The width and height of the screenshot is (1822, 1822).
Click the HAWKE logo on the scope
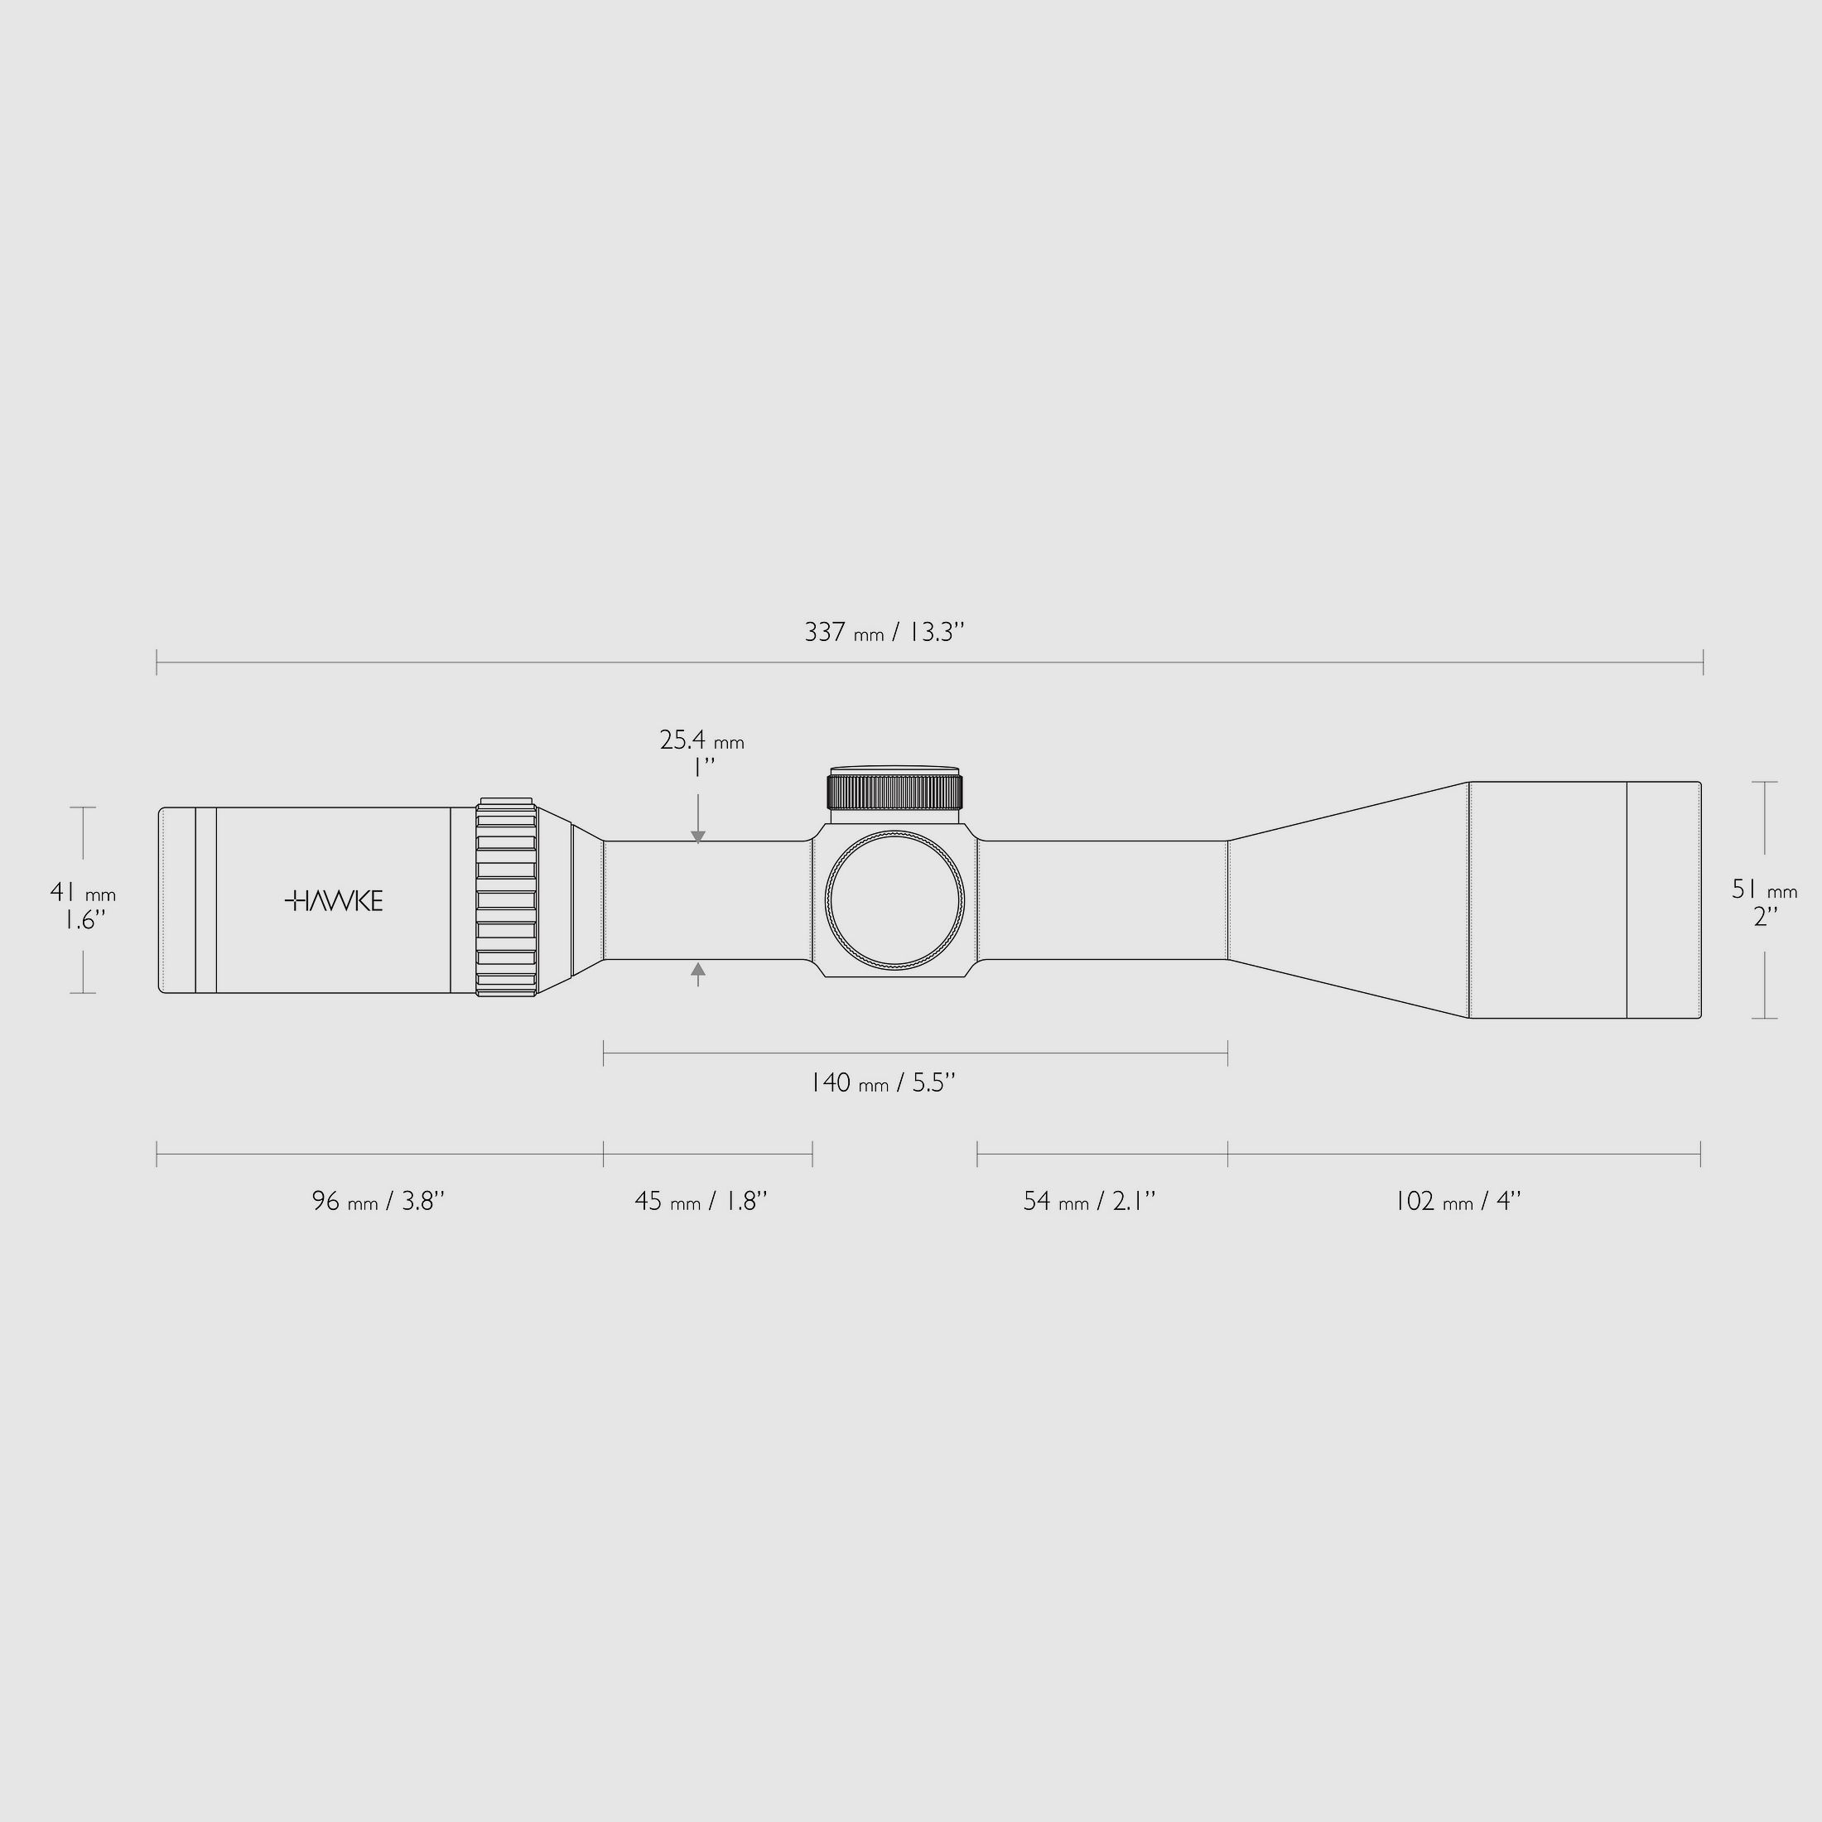[x=334, y=900]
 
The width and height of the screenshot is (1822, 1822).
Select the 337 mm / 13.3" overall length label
[x=884, y=632]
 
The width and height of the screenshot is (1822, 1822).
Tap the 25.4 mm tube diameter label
[x=701, y=753]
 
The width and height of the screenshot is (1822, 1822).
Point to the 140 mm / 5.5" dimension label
[x=884, y=1082]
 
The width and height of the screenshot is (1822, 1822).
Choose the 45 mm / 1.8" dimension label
[x=701, y=1201]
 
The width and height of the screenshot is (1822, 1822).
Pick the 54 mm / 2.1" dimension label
[x=1089, y=1201]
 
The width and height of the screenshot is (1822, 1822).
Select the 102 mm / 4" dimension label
[x=1458, y=1201]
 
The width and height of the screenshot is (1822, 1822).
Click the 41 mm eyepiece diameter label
[x=83, y=904]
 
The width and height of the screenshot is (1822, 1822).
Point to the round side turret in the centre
[x=895, y=900]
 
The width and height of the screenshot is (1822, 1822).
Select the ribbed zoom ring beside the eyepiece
[x=506, y=899]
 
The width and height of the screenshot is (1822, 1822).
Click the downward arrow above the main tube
[x=698, y=836]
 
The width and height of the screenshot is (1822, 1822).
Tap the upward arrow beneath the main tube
[x=698, y=968]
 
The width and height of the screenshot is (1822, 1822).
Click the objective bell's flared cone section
[x=1348, y=899]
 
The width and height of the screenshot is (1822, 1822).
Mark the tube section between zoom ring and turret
[x=707, y=899]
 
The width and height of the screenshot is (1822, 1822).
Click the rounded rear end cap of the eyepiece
[x=176, y=899]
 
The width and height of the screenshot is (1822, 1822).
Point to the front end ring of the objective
[x=1664, y=899]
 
